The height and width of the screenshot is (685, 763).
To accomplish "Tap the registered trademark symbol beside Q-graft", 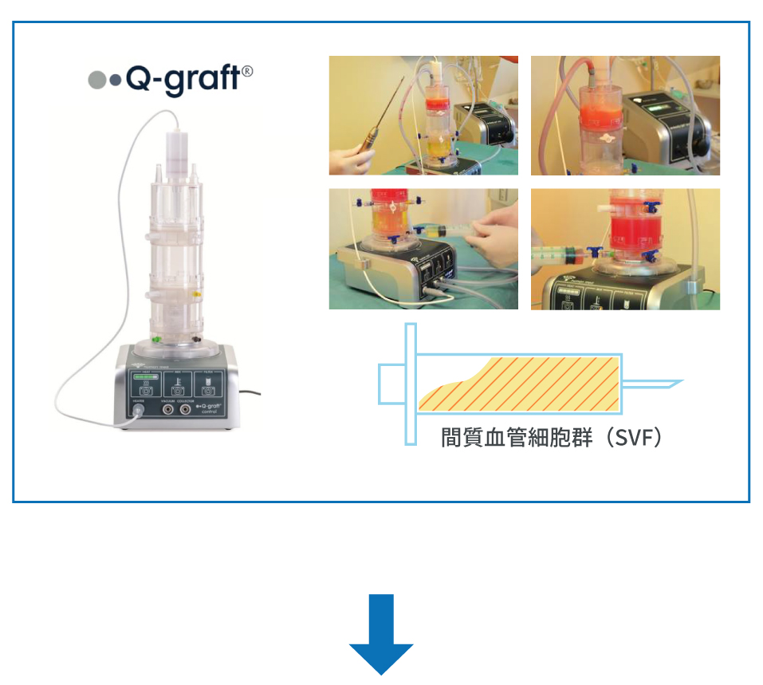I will (247, 71).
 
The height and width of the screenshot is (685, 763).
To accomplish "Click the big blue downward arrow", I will (381, 634).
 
